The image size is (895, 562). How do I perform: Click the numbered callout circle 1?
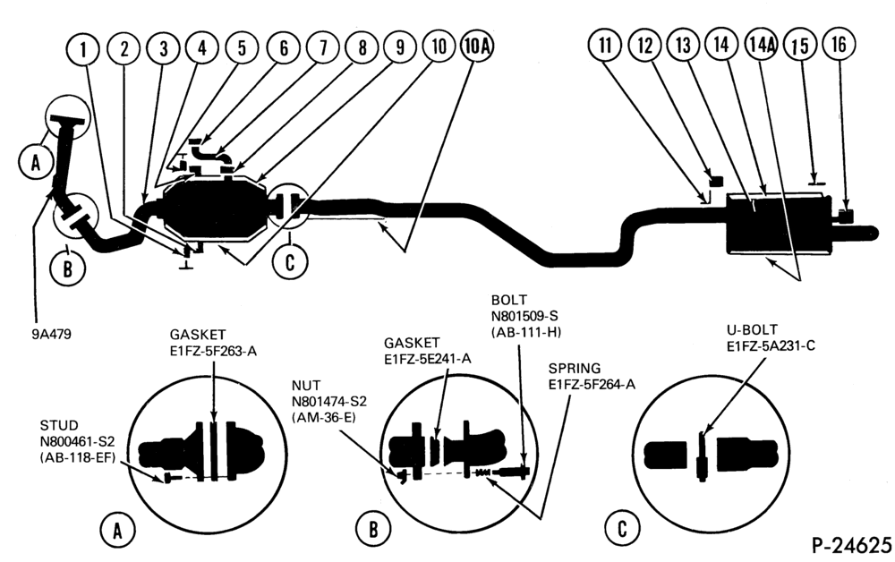tap(83, 49)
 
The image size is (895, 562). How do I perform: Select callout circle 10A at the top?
tap(476, 46)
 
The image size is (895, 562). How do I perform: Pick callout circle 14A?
tap(762, 45)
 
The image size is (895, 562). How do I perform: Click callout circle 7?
tap(323, 47)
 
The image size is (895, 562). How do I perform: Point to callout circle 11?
tap(606, 45)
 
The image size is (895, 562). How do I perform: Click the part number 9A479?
tap(51, 335)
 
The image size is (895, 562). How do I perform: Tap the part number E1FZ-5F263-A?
tap(213, 351)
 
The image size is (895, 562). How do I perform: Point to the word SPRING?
tap(575, 369)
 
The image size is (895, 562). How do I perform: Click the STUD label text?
tap(59, 426)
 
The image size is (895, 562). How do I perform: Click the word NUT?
tap(306, 386)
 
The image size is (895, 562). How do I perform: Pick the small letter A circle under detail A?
tap(117, 530)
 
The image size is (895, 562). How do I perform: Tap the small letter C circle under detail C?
tap(622, 528)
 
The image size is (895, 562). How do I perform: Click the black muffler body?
tap(780, 224)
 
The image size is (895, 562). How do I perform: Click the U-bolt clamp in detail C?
tap(702, 456)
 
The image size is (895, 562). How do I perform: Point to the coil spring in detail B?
tap(483, 473)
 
